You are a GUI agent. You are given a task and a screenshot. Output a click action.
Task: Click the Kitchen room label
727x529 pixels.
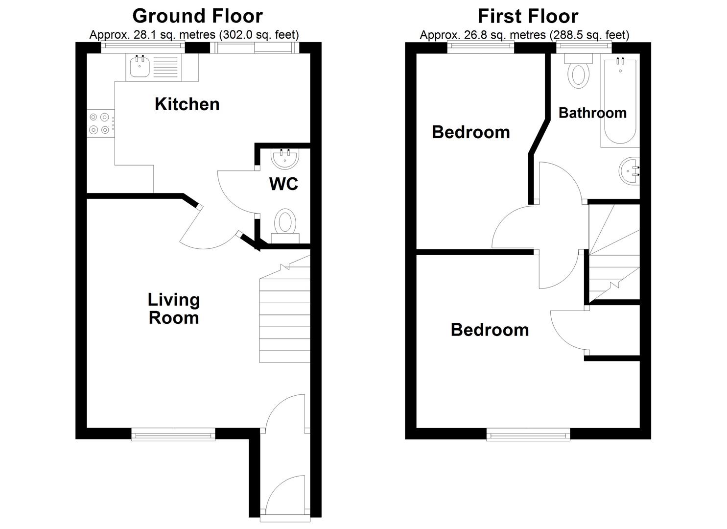coord(187,104)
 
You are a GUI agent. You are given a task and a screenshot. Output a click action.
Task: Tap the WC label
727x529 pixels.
coord(283,184)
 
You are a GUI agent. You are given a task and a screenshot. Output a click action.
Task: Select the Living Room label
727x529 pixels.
coord(174,309)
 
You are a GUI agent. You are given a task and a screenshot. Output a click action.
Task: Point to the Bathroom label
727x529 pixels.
coord(592,113)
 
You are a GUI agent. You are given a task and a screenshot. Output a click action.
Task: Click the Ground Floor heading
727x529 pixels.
coord(197,16)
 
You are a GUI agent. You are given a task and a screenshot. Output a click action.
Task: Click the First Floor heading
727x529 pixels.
coord(528,16)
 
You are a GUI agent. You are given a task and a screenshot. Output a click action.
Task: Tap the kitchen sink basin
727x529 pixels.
coord(140,67)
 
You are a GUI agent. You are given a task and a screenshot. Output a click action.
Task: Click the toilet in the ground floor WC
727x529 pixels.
coord(285,223)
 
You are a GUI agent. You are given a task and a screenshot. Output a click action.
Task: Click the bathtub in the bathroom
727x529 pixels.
coord(620,101)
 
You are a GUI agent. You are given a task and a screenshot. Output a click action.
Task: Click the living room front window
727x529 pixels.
coord(173,433)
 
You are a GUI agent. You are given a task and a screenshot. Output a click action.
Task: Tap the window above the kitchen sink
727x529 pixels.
coord(143,47)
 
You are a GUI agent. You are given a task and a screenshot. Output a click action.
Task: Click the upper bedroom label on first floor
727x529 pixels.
coord(470,132)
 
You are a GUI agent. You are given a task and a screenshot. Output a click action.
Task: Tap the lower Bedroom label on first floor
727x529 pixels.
coord(490,330)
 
